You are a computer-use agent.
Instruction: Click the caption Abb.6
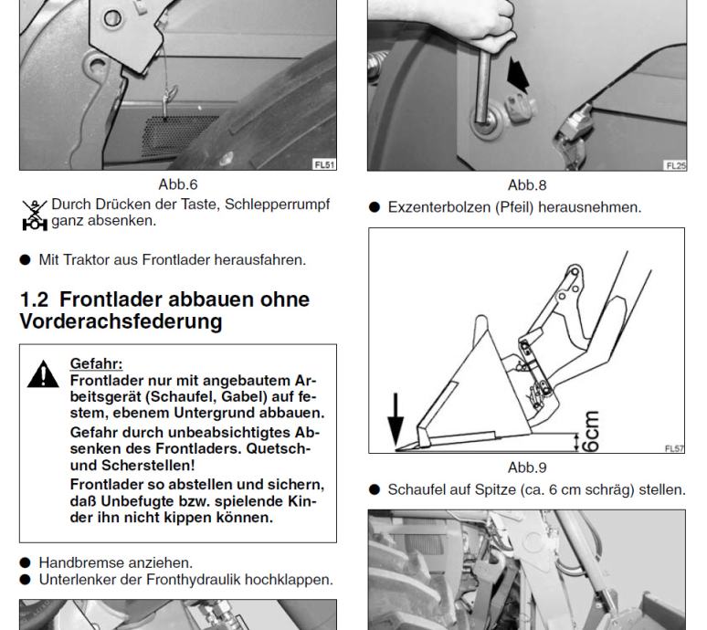tap(177, 184)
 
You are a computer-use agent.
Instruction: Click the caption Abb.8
tap(527, 184)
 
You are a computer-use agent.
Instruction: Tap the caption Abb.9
tap(527, 467)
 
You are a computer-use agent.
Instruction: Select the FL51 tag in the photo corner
tap(324, 164)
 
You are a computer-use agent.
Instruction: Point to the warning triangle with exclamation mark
tap(43, 374)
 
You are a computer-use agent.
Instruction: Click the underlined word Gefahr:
tap(96, 363)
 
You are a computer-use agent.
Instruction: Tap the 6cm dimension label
tap(591, 431)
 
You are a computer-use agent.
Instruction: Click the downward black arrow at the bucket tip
tap(396, 420)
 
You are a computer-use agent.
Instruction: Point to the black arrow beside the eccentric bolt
tap(518, 74)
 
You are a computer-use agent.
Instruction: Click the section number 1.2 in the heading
tap(34, 299)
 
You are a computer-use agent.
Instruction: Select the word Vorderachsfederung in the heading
tap(121, 321)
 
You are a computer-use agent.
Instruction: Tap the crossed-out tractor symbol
tap(35, 215)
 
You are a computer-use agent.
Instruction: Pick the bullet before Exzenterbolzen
tap(375, 207)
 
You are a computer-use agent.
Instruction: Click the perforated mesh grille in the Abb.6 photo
tap(178, 135)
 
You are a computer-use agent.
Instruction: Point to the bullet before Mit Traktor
tap(26, 260)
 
